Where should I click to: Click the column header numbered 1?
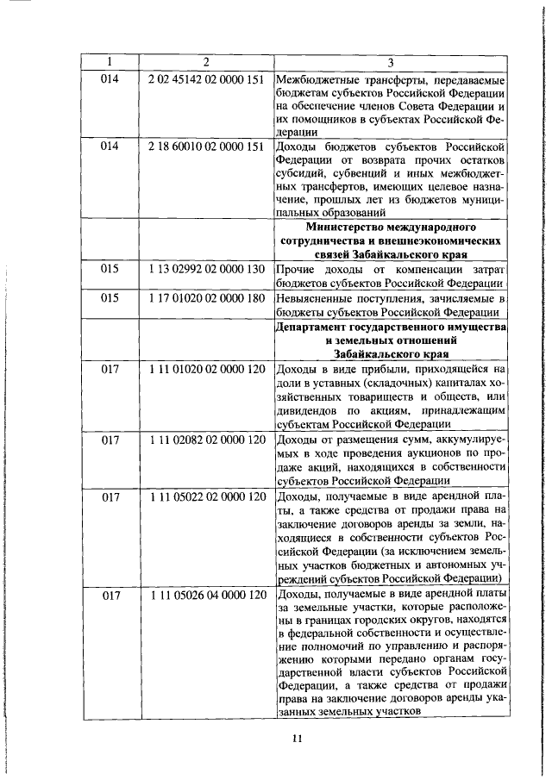[110, 62]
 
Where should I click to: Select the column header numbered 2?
[206, 62]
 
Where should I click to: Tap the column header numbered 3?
[390, 62]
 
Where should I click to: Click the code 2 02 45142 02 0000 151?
[206, 78]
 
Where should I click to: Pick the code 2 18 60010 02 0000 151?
[206, 146]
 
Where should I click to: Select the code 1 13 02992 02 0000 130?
[206, 269]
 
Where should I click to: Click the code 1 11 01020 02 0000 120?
[206, 368]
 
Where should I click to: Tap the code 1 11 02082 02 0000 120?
[206, 439]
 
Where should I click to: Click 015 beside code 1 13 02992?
[110, 269]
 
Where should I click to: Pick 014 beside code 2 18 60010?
[110, 146]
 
